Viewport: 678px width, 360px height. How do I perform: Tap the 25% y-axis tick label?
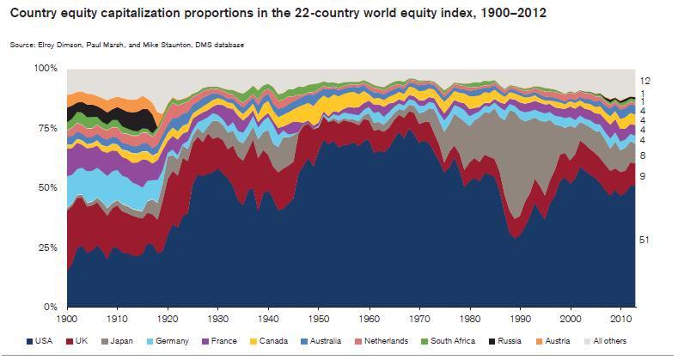tap(48, 247)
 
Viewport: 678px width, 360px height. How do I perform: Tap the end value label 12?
tap(645, 80)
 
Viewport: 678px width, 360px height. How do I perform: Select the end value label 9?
tap(643, 176)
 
